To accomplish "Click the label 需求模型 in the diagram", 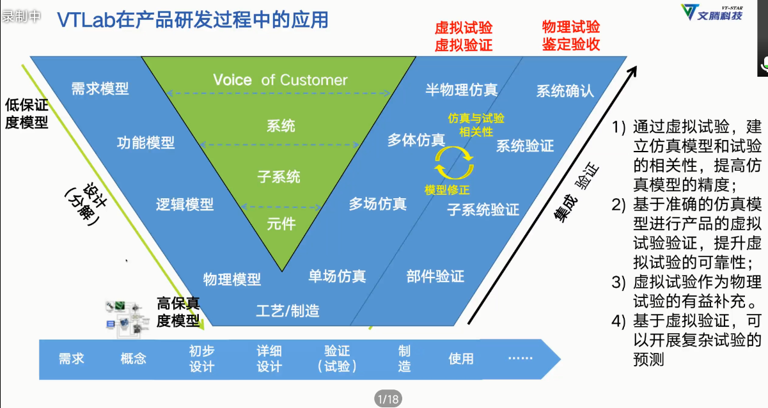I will tap(100, 89).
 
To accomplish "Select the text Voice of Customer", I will tap(280, 80).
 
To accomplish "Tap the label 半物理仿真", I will tap(461, 90).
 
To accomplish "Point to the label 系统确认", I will tap(565, 91).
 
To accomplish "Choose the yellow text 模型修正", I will tap(447, 190).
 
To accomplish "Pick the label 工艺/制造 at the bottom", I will tap(287, 311).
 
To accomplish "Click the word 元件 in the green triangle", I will tap(281, 224).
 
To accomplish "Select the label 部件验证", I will tap(435, 276).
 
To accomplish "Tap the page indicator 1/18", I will tap(388, 399).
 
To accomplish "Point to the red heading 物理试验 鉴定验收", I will tap(571, 36).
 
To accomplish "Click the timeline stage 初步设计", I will tap(201, 358).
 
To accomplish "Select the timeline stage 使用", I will tap(460, 359).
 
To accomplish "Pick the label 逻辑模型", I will tap(185, 205).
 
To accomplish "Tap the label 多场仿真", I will tap(377, 205).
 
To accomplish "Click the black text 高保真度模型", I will tap(178, 312).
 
